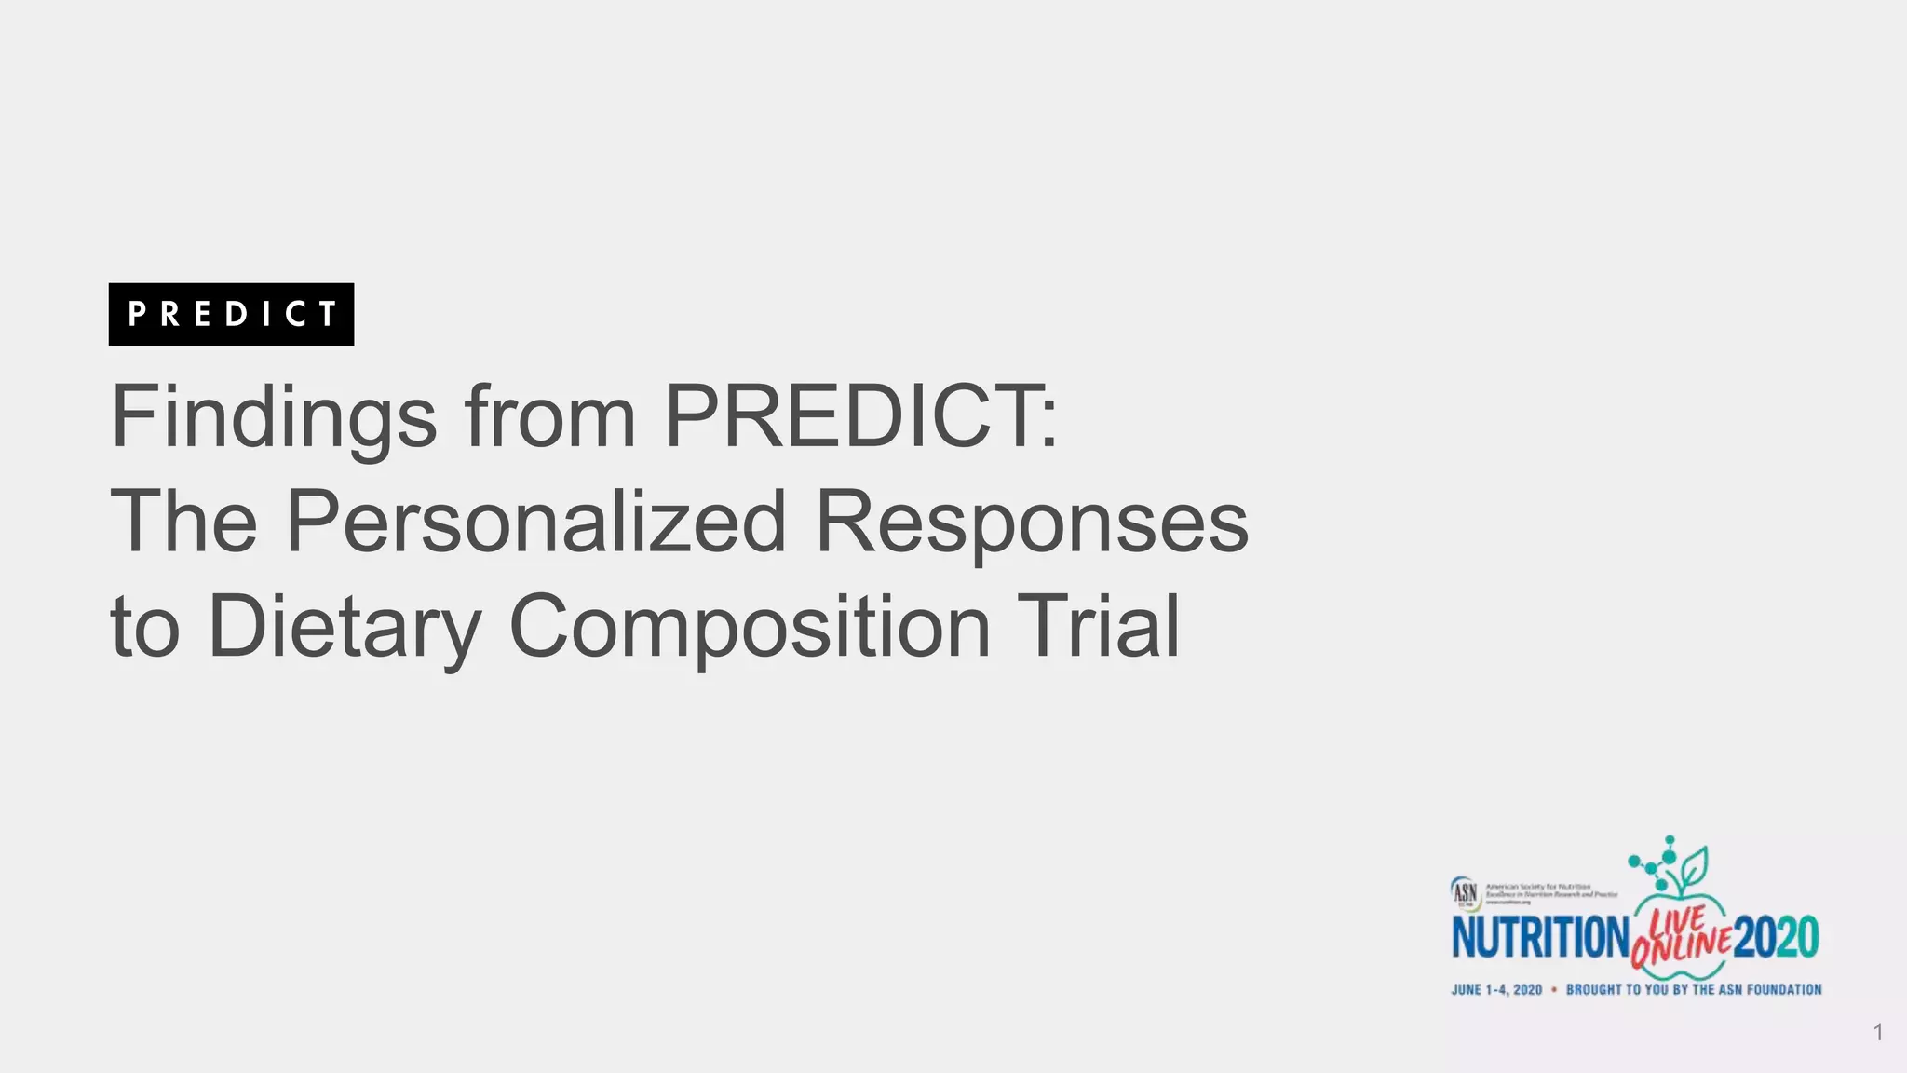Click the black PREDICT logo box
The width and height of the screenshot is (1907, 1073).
click(231, 314)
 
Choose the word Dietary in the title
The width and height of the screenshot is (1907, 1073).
click(345, 626)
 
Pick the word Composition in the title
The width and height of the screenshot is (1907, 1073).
click(750, 626)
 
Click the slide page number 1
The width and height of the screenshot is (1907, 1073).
click(1878, 1032)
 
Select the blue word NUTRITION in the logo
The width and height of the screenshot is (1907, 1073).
click(1541, 937)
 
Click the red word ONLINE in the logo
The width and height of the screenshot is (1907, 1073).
click(1682, 947)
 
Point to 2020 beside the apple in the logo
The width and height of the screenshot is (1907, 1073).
click(1777, 937)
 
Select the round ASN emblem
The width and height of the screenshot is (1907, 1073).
click(1465, 892)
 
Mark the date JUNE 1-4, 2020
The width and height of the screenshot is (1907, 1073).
click(1496, 989)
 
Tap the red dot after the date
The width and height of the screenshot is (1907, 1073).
click(1554, 989)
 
